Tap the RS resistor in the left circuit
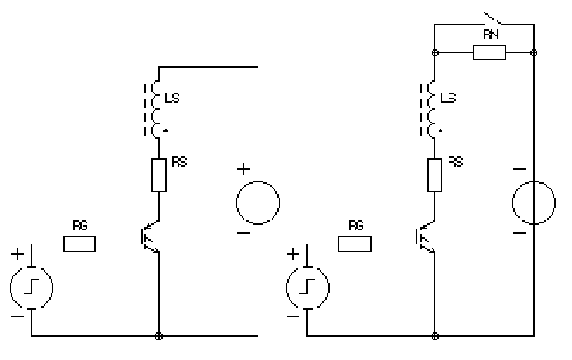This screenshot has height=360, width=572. [x=159, y=176]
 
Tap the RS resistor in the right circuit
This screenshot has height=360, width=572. [x=434, y=176]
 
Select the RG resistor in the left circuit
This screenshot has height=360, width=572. [x=80, y=242]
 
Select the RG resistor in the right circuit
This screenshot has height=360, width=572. [x=356, y=242]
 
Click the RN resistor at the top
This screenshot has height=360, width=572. [x=489, y=53]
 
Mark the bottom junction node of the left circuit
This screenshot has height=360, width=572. [x=159, y=337]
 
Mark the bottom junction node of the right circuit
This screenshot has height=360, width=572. [x=434, y=337]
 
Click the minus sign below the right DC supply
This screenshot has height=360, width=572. [x=519, y=233]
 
